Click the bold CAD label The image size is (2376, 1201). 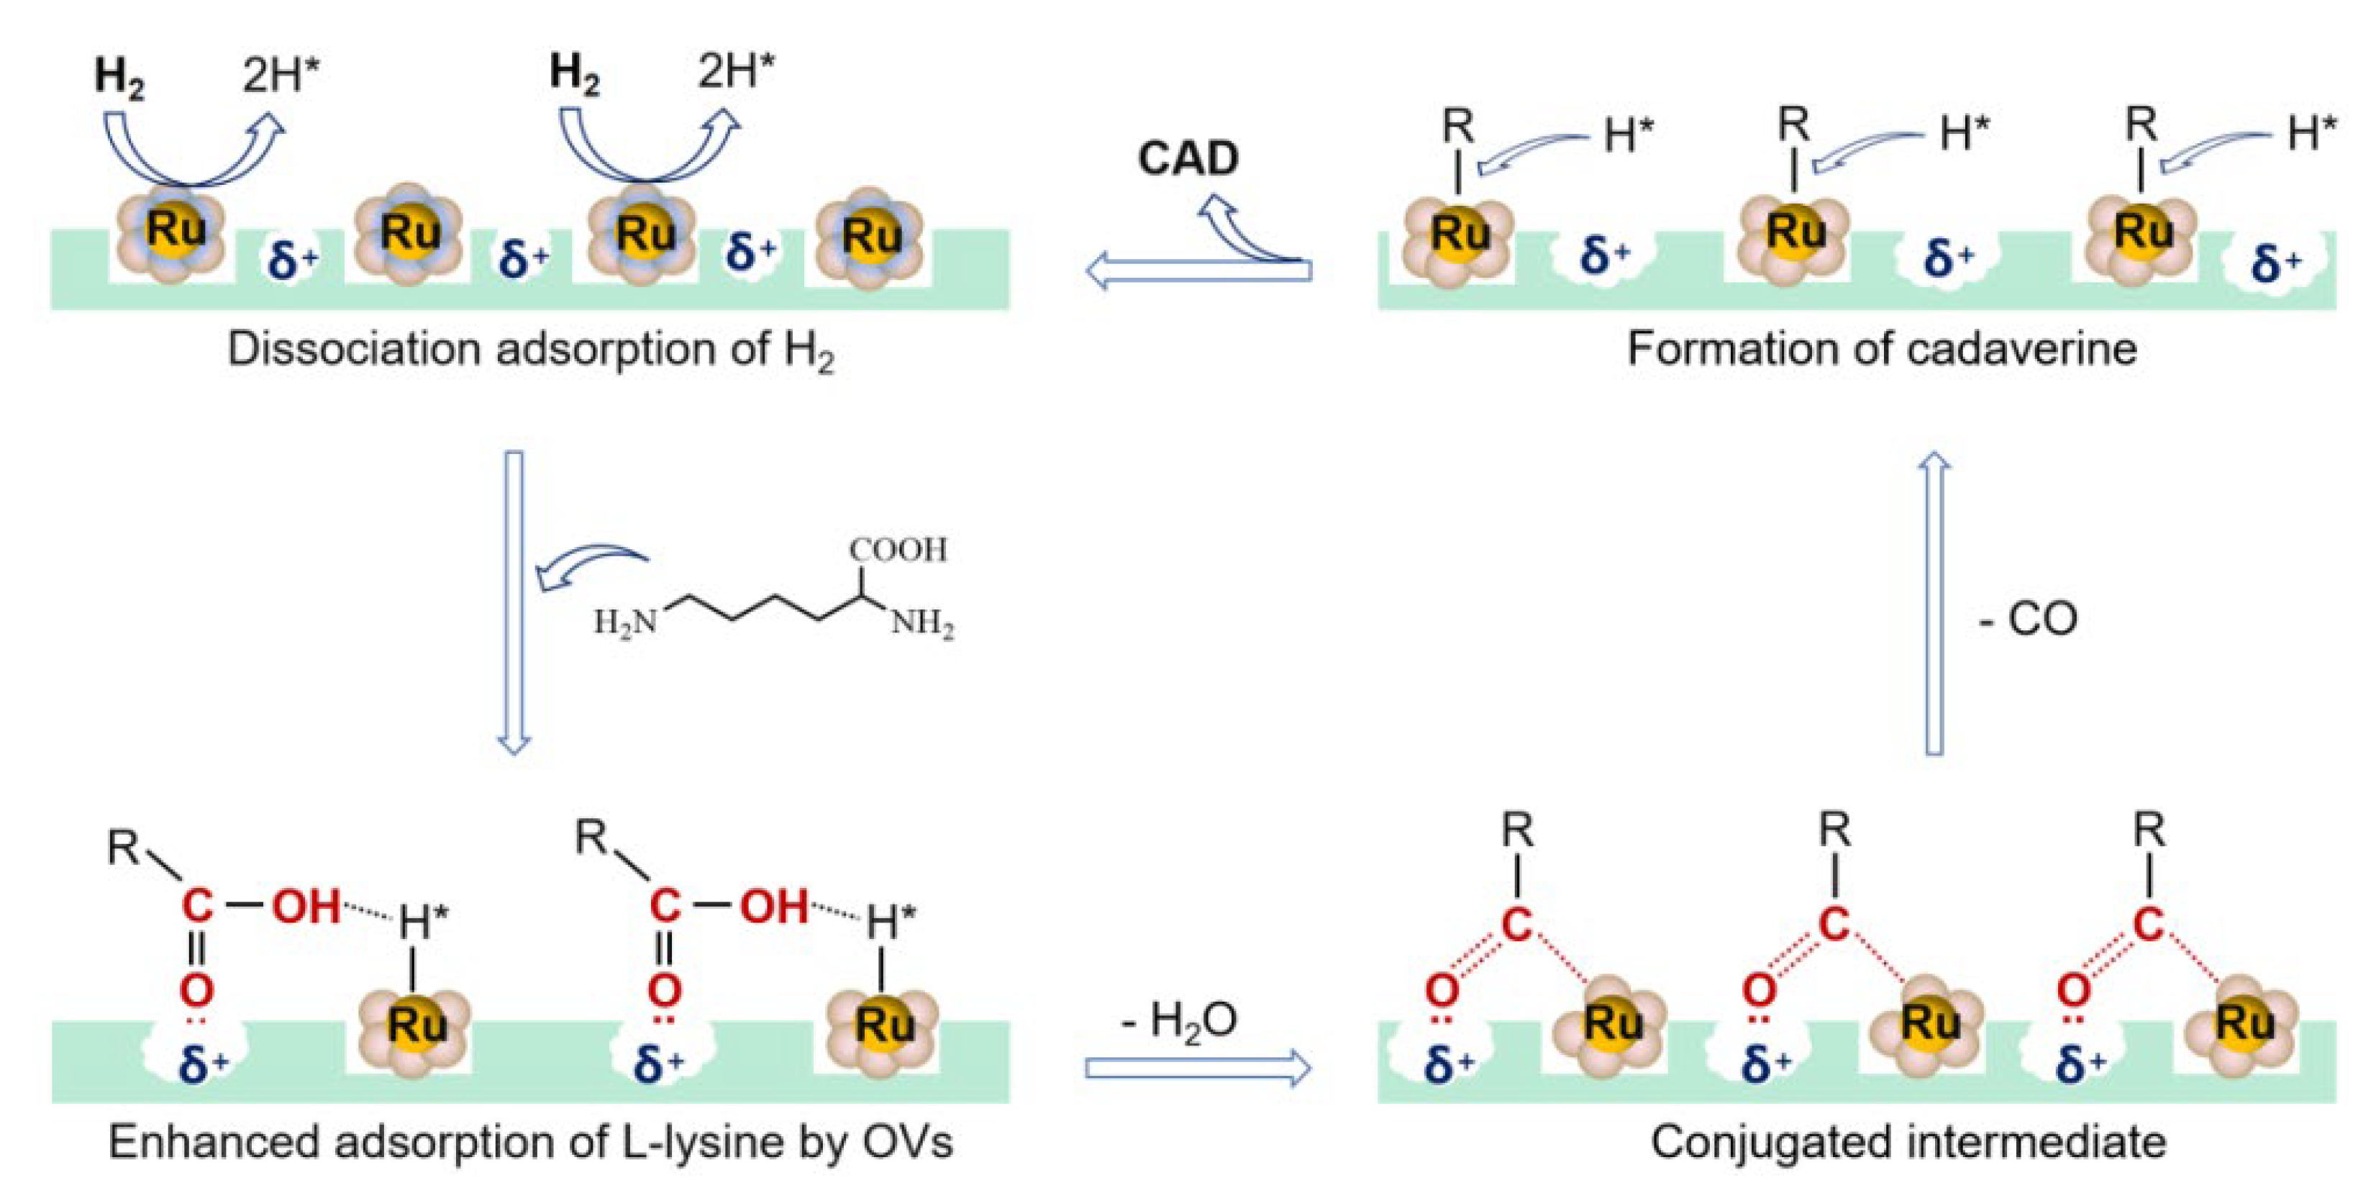point(1188,158)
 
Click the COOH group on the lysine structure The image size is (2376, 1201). point(898,550)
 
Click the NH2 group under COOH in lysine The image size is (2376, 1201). point(921,625)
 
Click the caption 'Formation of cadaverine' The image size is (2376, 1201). point(1882,349)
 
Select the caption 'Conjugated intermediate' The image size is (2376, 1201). point(1908,1142)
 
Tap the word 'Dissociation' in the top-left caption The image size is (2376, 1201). point(355,350)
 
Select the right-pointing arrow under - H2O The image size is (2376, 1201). point(1197,1068)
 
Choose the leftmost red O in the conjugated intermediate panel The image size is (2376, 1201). point(1442,992)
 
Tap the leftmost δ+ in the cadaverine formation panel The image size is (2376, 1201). point(1605,254)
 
